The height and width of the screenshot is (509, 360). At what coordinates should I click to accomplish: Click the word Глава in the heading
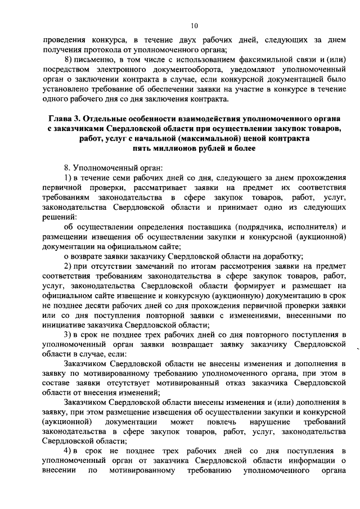point(63,119)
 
